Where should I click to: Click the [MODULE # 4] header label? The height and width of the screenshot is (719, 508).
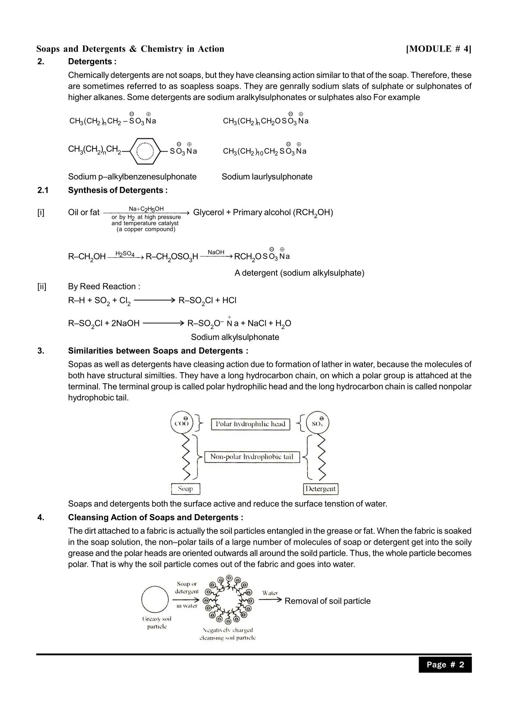pyautogui.click(x=438, y=49)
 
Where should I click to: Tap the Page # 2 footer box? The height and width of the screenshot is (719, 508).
pyautogui.click(x=445, y=664)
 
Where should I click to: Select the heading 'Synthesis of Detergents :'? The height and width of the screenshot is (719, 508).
pyautogui.click(x=118, y=190)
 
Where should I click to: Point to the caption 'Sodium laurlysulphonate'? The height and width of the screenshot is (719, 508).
pyautogui.click(x=267, y=177)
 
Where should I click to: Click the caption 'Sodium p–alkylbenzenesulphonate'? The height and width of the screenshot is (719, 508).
pyautogui.click(x=132, y=177)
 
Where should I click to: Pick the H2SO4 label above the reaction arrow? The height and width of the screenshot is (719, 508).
pyautogui.click(x=125, y=254)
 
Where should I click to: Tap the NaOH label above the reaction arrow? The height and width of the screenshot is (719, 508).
pyautogui.click(x=216, y=252)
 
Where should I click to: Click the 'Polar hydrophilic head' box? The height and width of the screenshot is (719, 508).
pyautogui.click(x=250, y=424)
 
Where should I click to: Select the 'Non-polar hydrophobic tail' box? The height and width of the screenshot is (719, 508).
pyautogui.click(x=252, y=457)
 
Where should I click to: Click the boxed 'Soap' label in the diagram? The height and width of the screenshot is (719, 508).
pyautogui.click(x=185, y=489)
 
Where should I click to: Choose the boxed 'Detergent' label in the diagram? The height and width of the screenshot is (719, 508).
pyautogui.click(x=320, y=489)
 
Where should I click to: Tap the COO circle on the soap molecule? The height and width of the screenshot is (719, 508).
pyautogui.click(x=182, y=423)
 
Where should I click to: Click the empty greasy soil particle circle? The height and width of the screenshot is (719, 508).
pyautogui.click(x=155, y=599)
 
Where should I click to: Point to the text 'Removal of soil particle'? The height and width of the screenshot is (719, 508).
pyautogui.click(x=327, y=601)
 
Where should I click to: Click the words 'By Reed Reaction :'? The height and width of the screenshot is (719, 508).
pyautogui.click(x=104, y=287)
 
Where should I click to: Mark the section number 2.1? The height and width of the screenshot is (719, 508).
pyautogui.click(x=43, y=190)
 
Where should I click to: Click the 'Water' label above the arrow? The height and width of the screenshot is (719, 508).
pyautogui.click(x=270, y=593)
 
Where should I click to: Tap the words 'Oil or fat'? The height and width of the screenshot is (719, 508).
pyautogui.click(x=84, y=212)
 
